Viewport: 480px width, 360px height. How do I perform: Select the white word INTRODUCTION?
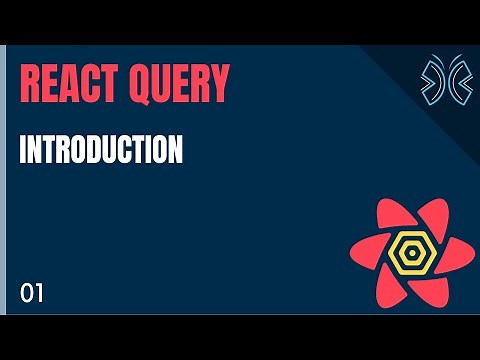(x=101, y=151)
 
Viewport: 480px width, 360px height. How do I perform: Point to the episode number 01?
(x=32, y=293)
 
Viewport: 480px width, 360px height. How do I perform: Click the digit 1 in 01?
(x=39, y=293)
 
